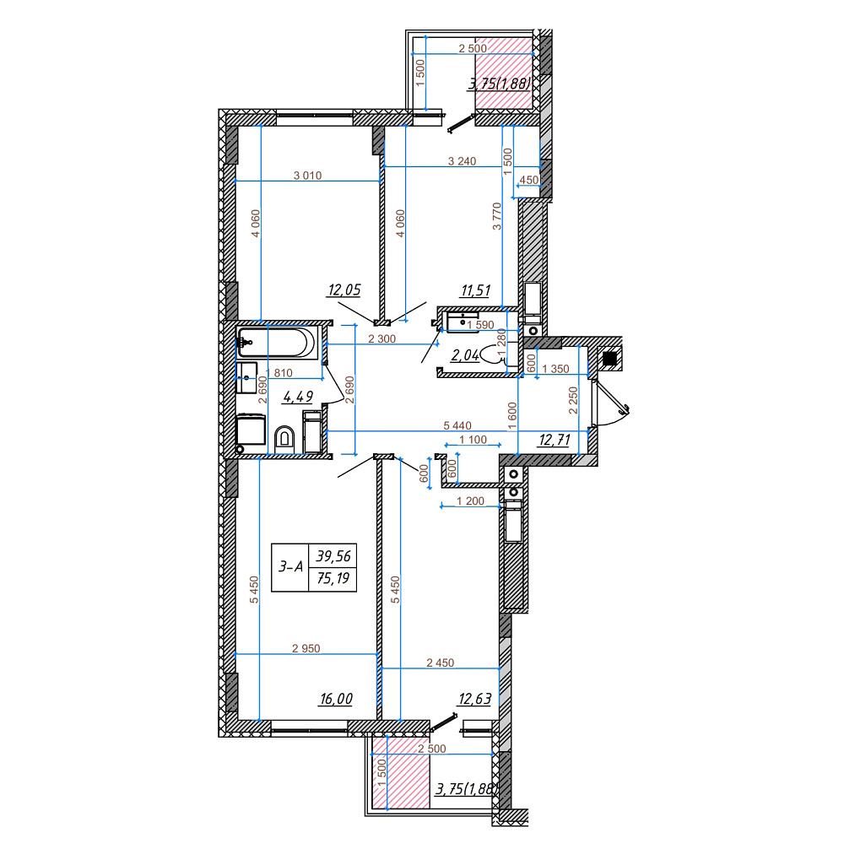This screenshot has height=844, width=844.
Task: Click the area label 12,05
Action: click(x=344, y=290)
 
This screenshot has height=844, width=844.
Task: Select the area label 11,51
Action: click(x=475, y=291)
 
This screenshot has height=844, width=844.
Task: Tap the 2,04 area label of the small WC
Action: click(x=465, y=355)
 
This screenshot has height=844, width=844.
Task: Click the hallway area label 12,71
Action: click(x=555, y=438)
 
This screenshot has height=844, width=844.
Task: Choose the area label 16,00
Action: click(x=336, y=699)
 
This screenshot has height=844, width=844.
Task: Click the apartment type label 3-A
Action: click(x=291, y=568)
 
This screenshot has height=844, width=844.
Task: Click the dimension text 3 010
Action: click(x=307, y=176)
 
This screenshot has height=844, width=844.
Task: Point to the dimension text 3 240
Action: click(x=463, y=160)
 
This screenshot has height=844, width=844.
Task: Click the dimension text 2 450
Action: click(x=440, y=663)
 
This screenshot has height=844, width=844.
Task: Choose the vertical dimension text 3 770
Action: click(x=497, y=216)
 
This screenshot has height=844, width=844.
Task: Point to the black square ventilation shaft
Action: click(x=609, y=358)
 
